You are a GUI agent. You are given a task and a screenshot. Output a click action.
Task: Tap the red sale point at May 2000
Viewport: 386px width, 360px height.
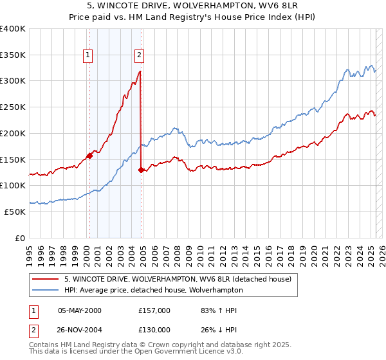(90, 155)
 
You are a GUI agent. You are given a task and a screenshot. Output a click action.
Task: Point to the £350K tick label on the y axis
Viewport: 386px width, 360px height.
(13, 55)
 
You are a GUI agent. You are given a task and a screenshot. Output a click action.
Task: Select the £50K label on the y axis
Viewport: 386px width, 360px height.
(15, 212)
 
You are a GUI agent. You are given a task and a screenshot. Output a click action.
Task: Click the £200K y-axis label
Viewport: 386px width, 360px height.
(13, 133)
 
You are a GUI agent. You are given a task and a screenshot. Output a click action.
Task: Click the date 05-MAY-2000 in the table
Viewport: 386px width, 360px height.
(79, 310)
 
